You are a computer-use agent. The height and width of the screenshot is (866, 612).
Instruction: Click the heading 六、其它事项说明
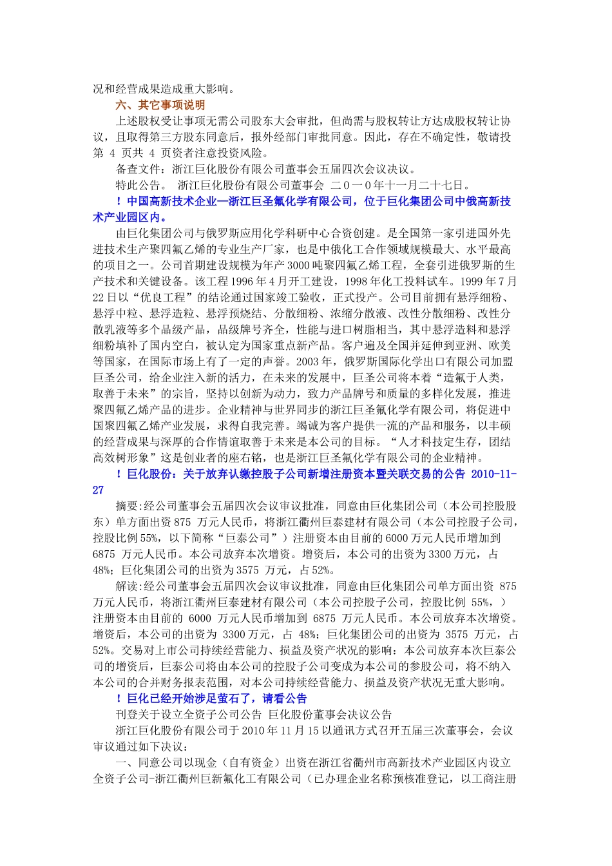tap(160, 105)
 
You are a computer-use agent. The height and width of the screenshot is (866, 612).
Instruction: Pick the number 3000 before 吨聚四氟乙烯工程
tap(298, 265)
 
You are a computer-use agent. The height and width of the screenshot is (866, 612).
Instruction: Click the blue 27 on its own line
tap(98, 490)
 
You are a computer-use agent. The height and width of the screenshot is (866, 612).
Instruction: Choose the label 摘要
tap(127, 506)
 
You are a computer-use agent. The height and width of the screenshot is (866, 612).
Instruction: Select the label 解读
tap(127, 586)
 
